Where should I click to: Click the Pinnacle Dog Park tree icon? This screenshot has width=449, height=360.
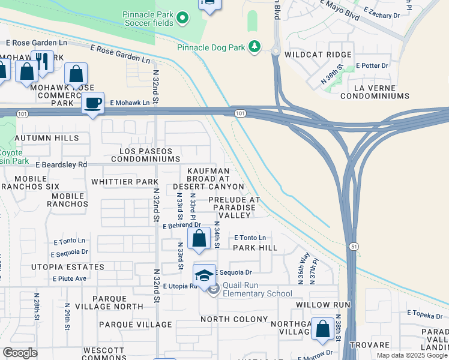[255, 46]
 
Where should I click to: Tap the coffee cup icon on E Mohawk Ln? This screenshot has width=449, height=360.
[92, 103]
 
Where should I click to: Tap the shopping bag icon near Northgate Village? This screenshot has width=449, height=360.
[323, 329]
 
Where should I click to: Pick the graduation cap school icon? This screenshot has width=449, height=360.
[204, 275]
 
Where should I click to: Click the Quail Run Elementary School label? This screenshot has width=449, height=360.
[257, 290]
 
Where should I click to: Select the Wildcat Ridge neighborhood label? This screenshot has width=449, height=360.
[318, 54]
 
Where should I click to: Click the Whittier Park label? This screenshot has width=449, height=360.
[124, 181]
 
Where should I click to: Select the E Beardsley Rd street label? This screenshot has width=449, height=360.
[61, 164]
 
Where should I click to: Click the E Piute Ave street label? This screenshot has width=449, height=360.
[70, 278]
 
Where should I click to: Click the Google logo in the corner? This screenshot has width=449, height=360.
[20, 353]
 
